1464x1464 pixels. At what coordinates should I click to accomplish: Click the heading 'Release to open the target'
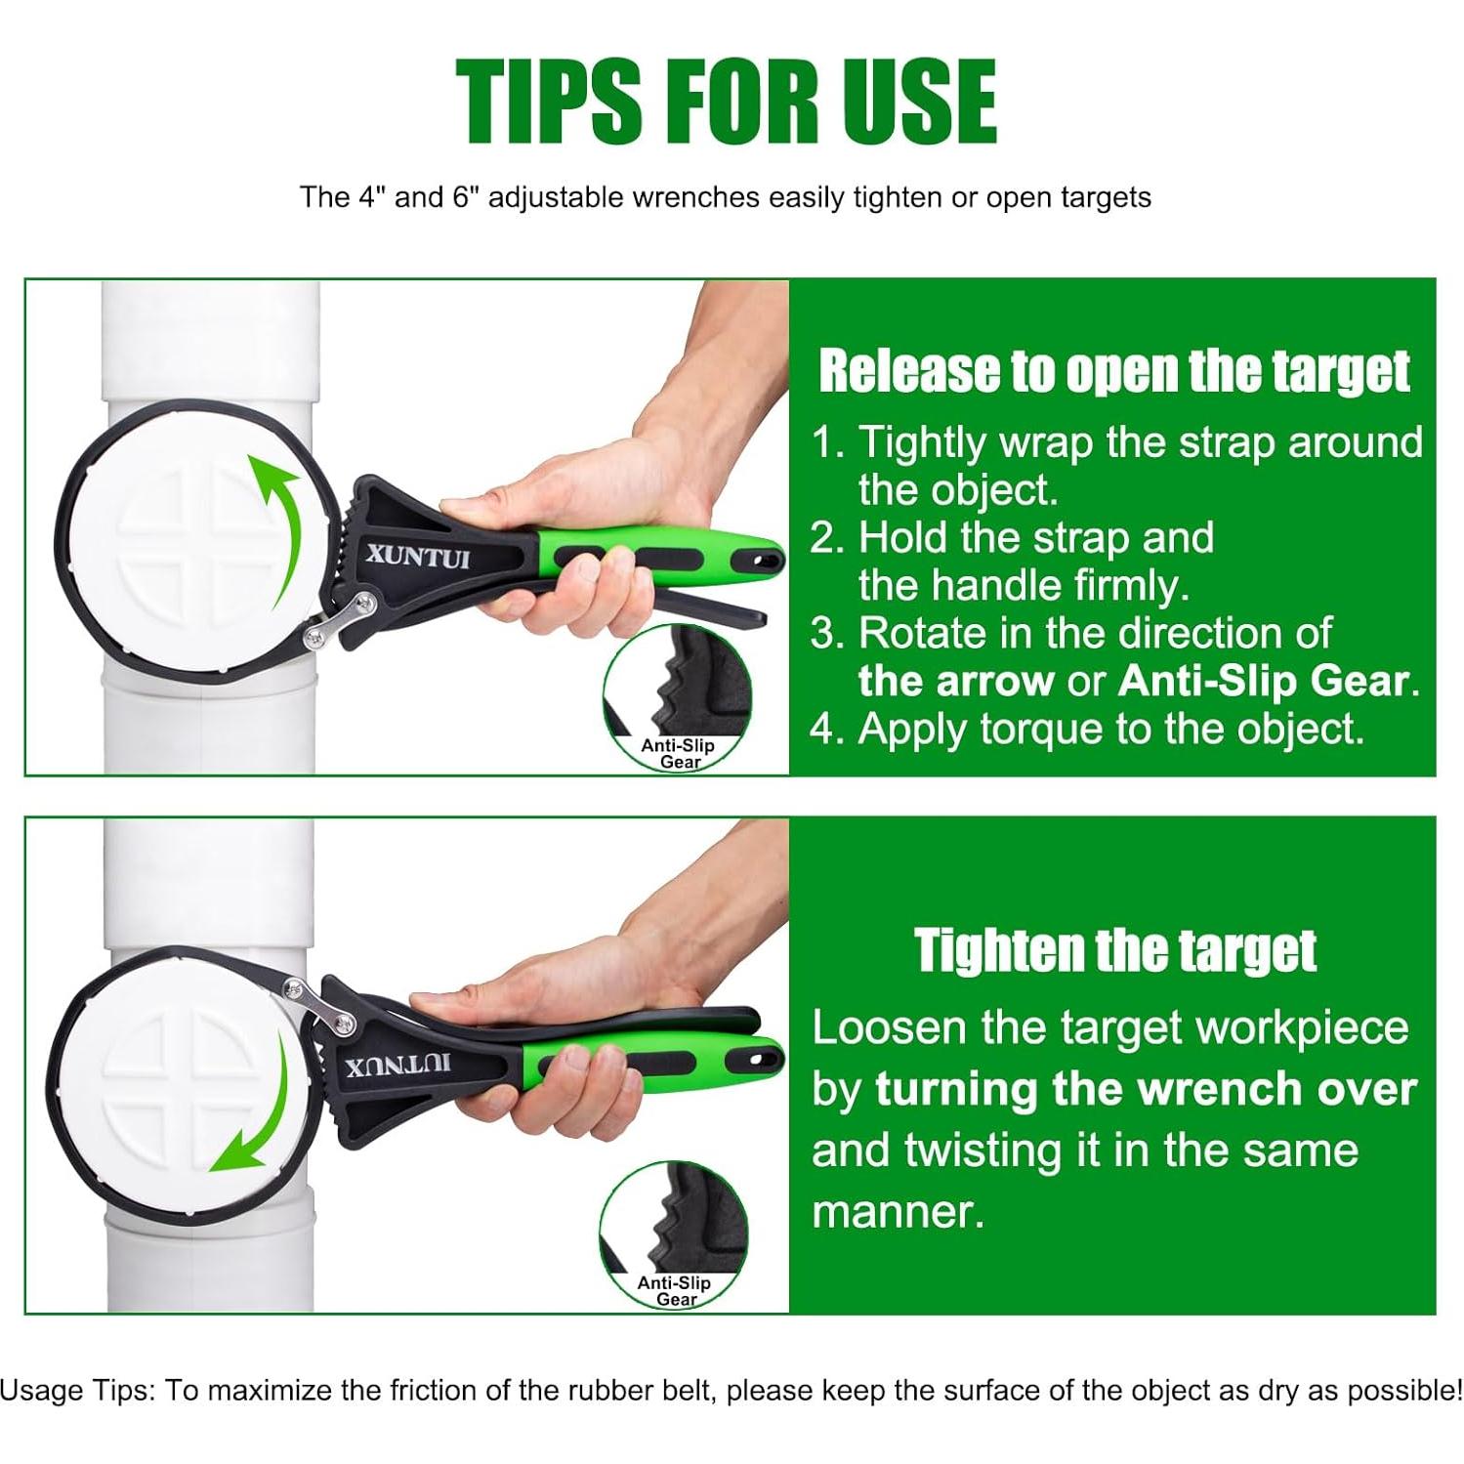[x=1114, y=371]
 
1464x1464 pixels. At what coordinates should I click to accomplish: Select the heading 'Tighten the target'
[x=1115, y=949]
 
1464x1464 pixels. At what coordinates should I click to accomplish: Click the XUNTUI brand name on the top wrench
[x=418, y=557]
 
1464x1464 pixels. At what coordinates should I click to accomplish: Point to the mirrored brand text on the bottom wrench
[x=398, y=1063]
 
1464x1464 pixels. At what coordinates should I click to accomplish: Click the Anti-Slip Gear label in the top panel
[x=678, y=753]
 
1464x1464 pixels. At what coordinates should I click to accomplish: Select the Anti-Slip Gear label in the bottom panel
[x=674, y=1290]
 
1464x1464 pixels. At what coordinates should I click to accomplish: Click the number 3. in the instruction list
[x=829, y=634]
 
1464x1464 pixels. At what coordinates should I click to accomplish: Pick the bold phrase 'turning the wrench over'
[x=1146, y=1089]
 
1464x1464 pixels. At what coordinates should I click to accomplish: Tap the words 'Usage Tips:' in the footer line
[x=78, y=1391]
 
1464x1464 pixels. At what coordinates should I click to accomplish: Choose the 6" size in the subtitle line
[x=465, y=197]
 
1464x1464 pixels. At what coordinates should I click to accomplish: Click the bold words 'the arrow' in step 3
[x=956, y=682]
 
